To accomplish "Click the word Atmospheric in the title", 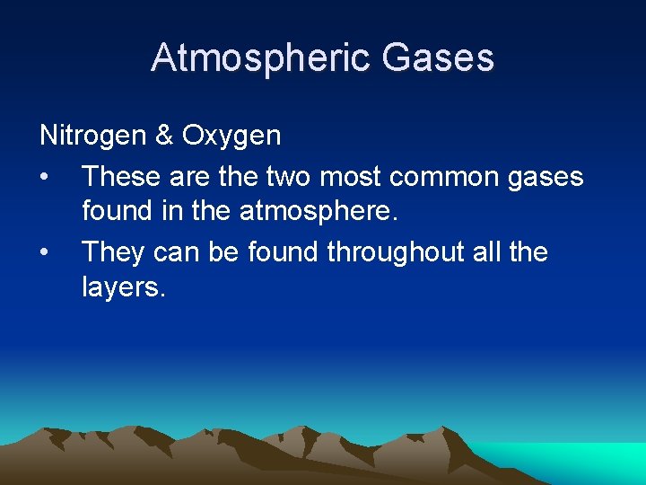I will [x=261, y=57].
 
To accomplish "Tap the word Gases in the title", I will [x=437, y=57].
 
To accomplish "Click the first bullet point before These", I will [x=45, y=177].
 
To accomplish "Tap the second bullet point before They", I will [x=45, y=252].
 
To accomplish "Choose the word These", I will [x=119, y=176].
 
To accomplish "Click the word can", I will [x=173, y=252].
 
